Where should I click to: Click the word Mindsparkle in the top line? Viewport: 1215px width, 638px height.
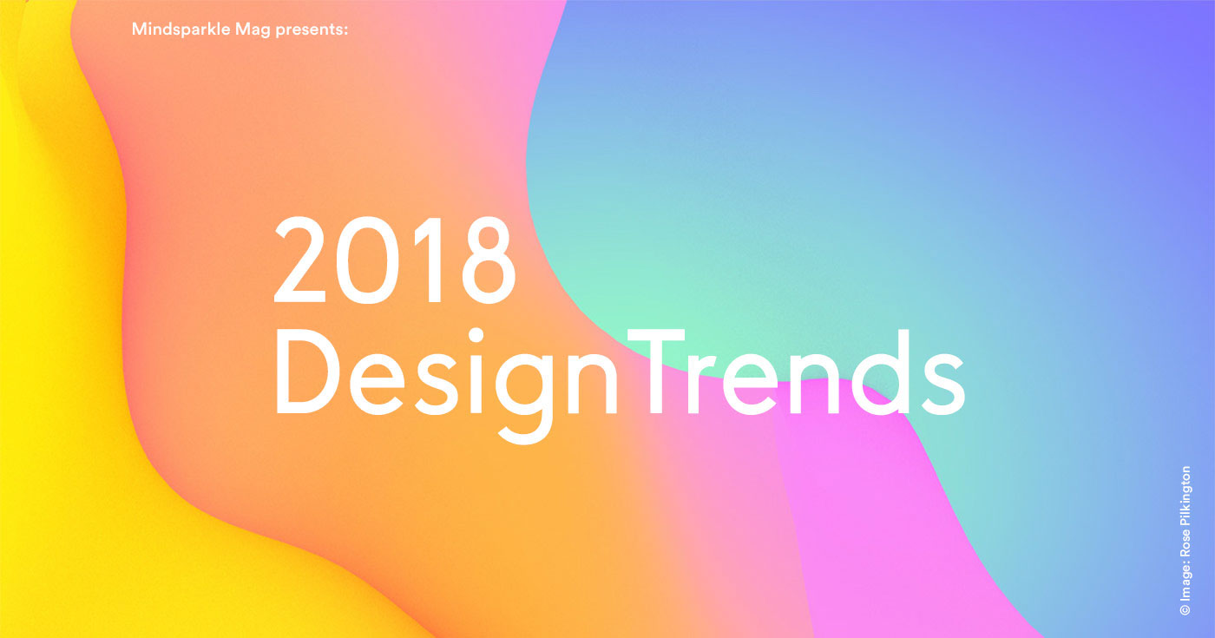[x=181, y=30]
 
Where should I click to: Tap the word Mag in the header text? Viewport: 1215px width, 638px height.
[x=253, y=30]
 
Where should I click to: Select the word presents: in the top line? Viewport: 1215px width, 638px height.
[x=312, y=30]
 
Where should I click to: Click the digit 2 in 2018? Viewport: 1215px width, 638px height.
[x=300, y=260]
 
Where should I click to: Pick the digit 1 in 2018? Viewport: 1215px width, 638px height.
[x=429, y=260]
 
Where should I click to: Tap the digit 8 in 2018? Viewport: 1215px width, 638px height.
[x=488, y=260]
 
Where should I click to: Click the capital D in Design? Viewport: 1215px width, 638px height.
[x=307, y=372]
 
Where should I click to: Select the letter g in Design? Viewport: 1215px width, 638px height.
[x=524, y=398]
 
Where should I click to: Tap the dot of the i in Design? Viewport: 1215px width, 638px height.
[x=476, y=335]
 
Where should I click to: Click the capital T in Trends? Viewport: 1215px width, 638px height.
[x=655, y=372]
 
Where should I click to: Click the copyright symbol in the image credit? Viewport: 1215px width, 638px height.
[x=1185, y=609]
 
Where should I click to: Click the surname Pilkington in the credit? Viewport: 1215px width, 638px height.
[x=1185, y=494]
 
